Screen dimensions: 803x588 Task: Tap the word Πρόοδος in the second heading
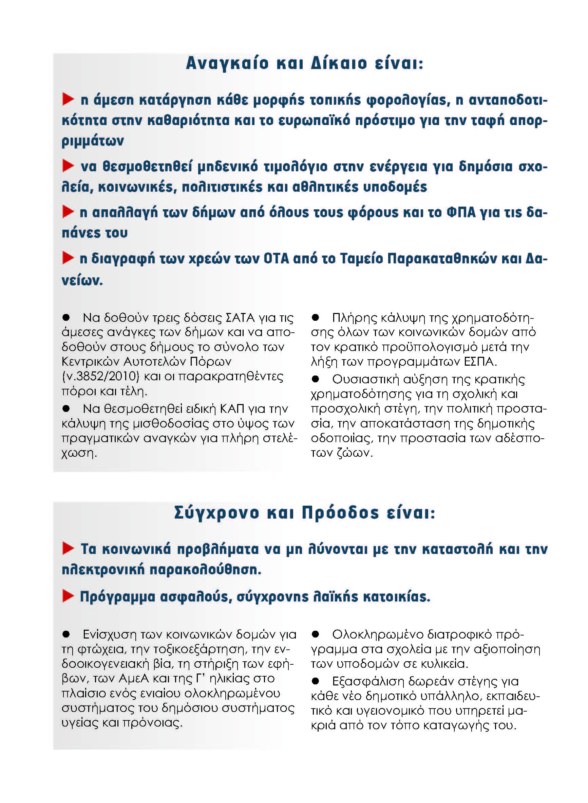point(340,513)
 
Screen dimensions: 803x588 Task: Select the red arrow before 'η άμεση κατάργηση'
point(68,99)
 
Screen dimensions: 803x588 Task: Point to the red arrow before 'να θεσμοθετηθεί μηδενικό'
point(68,165)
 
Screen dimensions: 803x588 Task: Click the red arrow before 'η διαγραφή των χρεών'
point(68,258)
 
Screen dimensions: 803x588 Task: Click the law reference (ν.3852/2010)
point(100,377)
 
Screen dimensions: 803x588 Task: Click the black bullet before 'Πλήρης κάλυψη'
point(315,317)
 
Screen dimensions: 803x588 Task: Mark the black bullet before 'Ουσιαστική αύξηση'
point(315,379)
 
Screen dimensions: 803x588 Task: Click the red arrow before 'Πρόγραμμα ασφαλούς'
point(68,596)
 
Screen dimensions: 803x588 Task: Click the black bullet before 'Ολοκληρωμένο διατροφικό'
point(315,634)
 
